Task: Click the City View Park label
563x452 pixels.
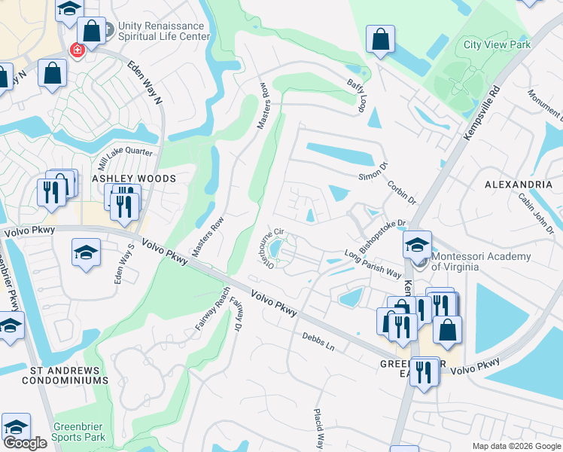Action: click(497, 44)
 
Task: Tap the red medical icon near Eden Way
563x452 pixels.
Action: click(76, 50)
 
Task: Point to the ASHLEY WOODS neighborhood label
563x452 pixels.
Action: click(133, 179)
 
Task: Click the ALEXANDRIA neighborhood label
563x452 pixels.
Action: click(519, 184)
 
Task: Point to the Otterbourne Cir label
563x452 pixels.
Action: click(269, 247)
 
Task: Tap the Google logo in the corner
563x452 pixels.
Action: click(25, 443)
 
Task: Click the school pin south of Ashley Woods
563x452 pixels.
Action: click(87, 252)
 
